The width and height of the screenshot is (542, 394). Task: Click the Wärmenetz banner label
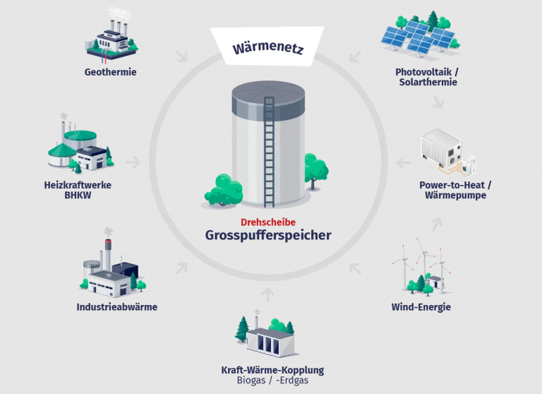coord(267,48)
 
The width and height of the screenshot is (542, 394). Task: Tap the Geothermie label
coord(110,72)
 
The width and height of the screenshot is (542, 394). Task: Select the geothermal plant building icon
coord(114,35)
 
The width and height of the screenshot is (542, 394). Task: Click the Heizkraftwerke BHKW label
coord(78,191)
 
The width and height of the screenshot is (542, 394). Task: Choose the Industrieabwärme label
coord(116,307)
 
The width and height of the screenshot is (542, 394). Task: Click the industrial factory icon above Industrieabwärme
coord(112,266)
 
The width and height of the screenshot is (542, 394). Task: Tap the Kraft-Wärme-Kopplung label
coord(272,370)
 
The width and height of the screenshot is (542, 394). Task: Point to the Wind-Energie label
coord(421,307)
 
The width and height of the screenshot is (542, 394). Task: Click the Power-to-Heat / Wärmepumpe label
coord(455,191)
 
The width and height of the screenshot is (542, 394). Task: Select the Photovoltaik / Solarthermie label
coord(427,77)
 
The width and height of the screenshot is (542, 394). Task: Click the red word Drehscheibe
coord(267,221)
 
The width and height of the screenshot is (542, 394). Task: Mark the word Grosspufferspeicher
coord(267,235)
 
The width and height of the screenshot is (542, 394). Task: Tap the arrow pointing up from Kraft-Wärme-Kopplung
coord(267,293)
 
